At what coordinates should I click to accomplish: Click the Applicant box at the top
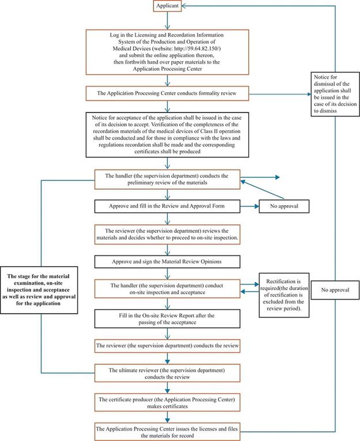click(x=167, y=6)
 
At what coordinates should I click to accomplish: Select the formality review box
click(x=166, y=92)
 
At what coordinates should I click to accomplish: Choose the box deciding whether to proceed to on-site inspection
click(x=166, y=233)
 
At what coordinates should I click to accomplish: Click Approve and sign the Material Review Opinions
click(x=166, y=261)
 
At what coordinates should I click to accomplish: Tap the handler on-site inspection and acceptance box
click(x=166, y=288)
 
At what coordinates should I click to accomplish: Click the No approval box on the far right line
click(x=333, y=291)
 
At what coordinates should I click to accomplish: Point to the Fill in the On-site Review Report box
click(x=166, y=319)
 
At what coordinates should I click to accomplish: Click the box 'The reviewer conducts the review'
click(x=166, y=346)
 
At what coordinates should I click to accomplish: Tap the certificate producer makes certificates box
click(x=166, y=401)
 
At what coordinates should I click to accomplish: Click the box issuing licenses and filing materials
click(x=166, y=430)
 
